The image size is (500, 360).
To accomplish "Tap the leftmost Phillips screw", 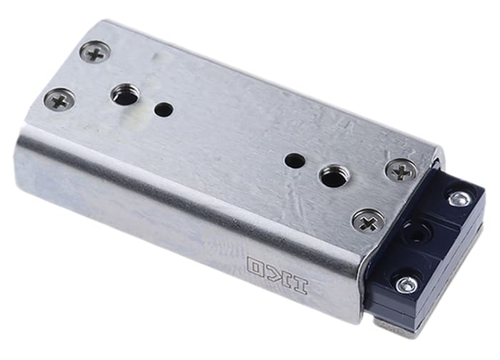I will [59, 100].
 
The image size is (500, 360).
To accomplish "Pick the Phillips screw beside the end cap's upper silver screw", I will [402, 171].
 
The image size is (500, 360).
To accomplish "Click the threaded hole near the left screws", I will [125, 94].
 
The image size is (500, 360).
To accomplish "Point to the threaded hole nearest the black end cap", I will [332, 176].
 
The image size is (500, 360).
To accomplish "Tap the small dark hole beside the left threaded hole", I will [164, 110].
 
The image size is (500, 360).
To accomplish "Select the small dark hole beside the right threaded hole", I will [294, 161].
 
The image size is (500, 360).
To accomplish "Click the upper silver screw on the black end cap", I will [459, 199].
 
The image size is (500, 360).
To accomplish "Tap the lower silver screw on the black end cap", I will [407, 284].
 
